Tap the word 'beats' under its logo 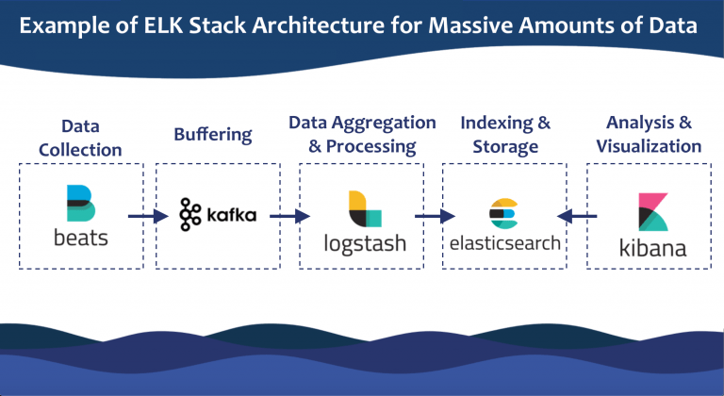coord(80,237)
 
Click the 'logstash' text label coord(364,243)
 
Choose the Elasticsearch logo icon coord(503,214)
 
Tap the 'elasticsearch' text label coord(504,242)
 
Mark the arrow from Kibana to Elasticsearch coord(576,217)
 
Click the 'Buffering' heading coord(213,134)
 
